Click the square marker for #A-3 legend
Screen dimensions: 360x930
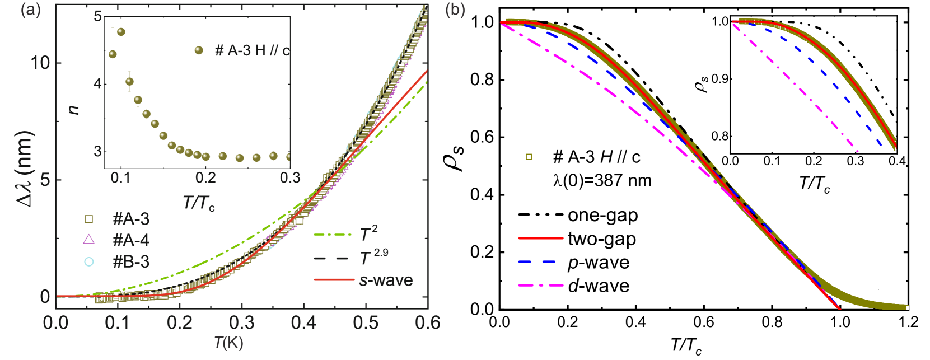pyautogui.click(x=88, y=219)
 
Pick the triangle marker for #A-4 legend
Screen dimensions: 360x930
pyautogui.click(x=88, y=240)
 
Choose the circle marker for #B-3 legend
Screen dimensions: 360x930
pyautogui.click(x=88, y=261)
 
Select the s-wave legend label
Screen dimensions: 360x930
pyautogui.click(x=386, y=279)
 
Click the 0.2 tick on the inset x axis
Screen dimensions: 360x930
pyautogui.click(x=206, y=178)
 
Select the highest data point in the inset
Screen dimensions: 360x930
pyautogui.click(x=121, y=32)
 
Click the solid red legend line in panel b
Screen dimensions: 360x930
pyautogui.click(x=540, y=239)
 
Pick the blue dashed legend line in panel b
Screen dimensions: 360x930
pyautogui.click(x=536, y=261)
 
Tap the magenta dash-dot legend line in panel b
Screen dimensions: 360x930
pyautogui.click(x=540, y=286)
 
